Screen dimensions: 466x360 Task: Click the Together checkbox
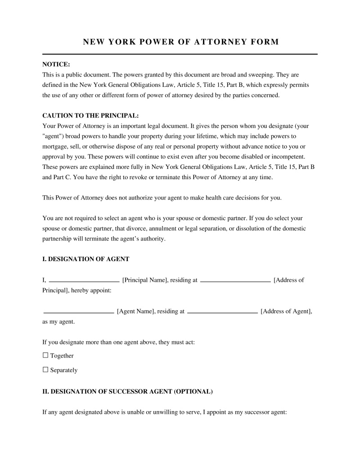point(45,355)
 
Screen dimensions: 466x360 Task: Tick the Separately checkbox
point(45,370)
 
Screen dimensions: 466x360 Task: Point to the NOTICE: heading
point(56,64)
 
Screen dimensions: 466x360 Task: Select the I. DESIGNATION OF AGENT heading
point(85,259)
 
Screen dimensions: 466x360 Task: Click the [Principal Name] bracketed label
point(145,280)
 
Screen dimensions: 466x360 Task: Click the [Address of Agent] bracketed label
point(286,311)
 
